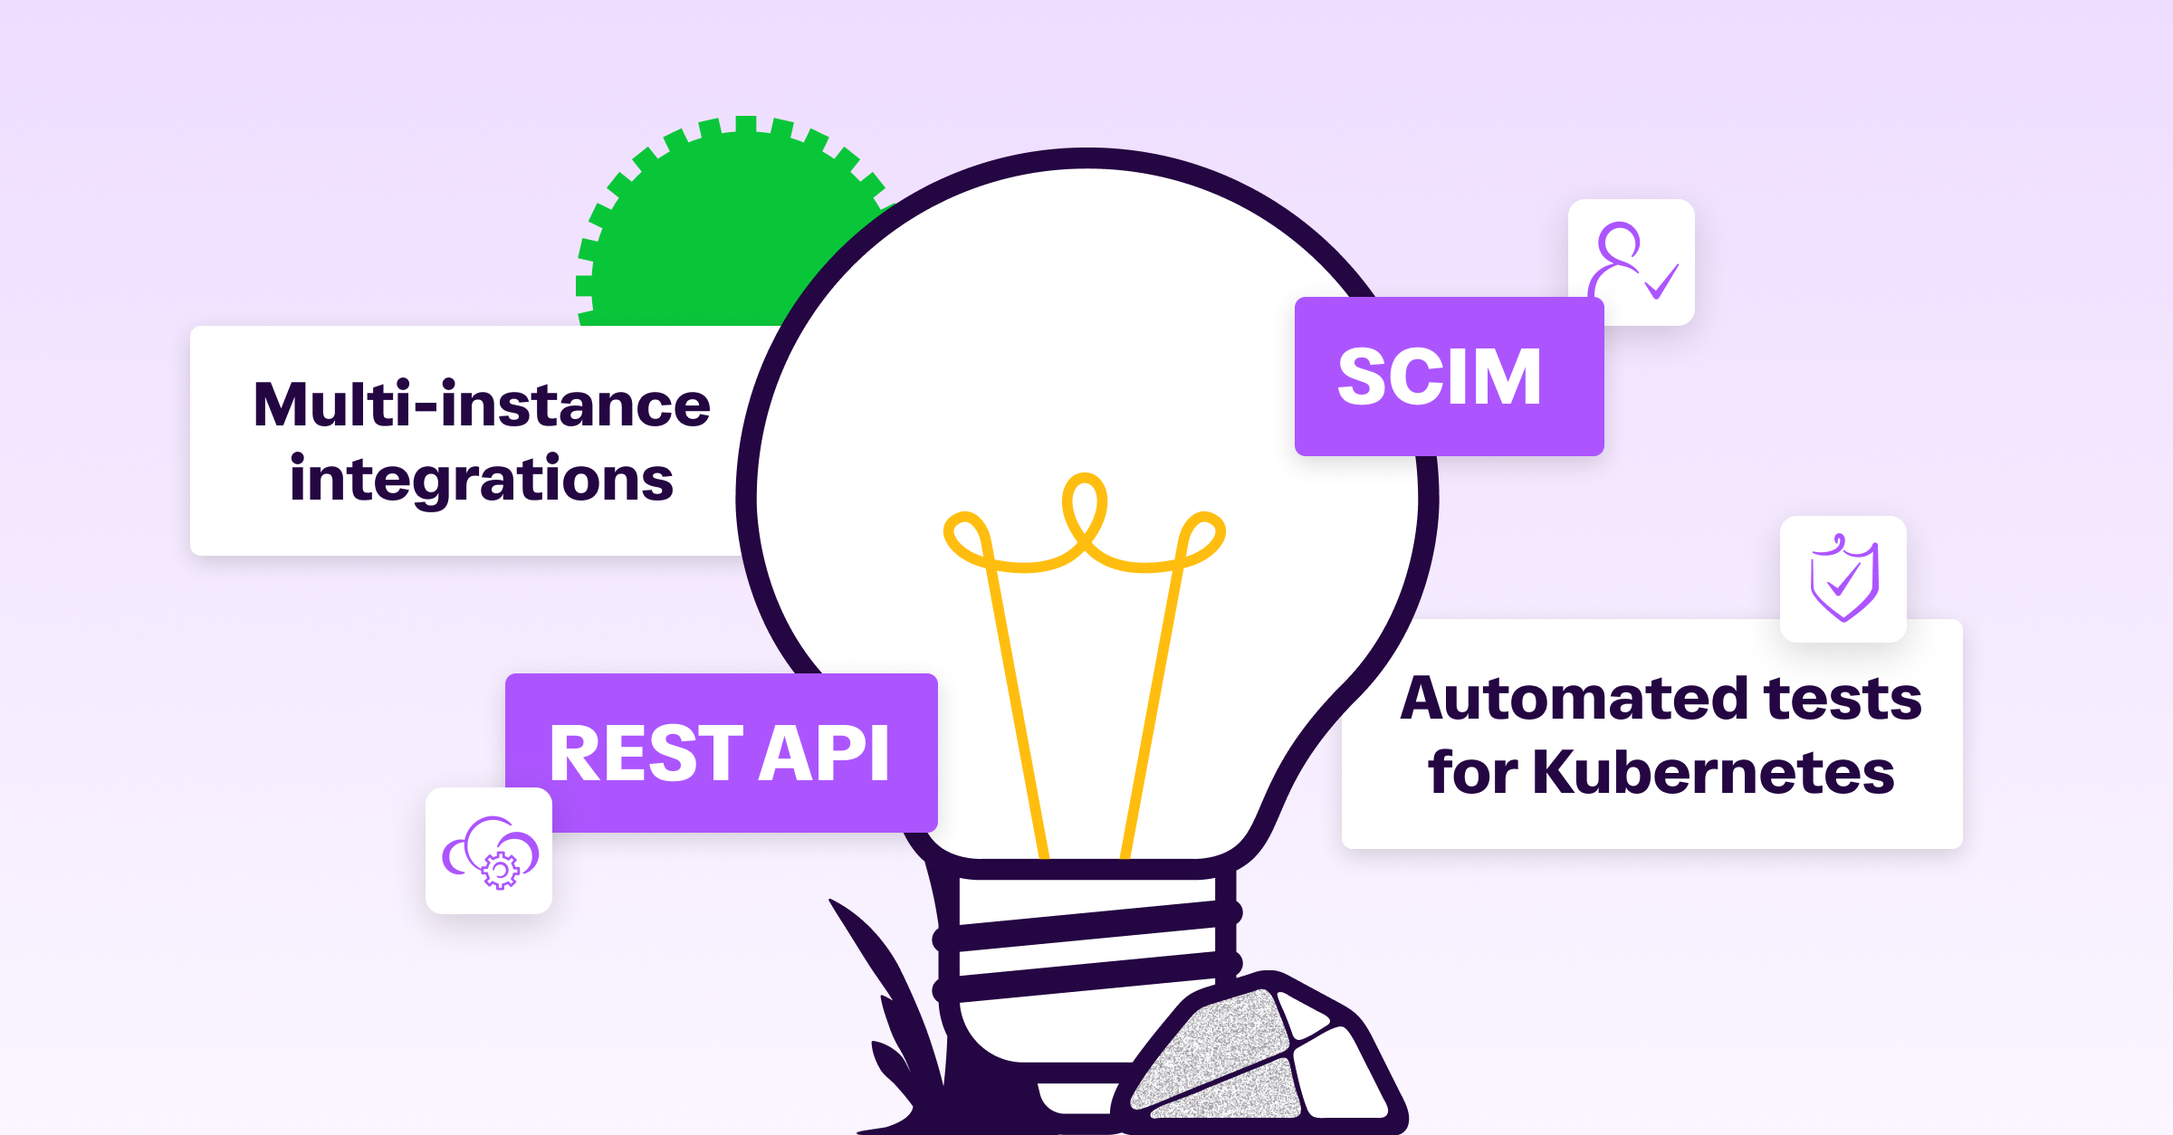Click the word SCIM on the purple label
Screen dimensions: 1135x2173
click(1439, 377)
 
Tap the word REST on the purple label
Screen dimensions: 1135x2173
click(646, 754)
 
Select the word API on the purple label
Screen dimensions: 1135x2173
click(824, 754)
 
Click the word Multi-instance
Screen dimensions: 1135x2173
click(482, 405)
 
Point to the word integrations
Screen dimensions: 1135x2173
click(482, 479)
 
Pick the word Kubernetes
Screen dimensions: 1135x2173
click(1713, 773)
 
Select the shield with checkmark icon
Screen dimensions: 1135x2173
click(1843, 579)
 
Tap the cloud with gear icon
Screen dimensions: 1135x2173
click(489, 851)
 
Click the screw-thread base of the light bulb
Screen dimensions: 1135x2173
click(1086, 941)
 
